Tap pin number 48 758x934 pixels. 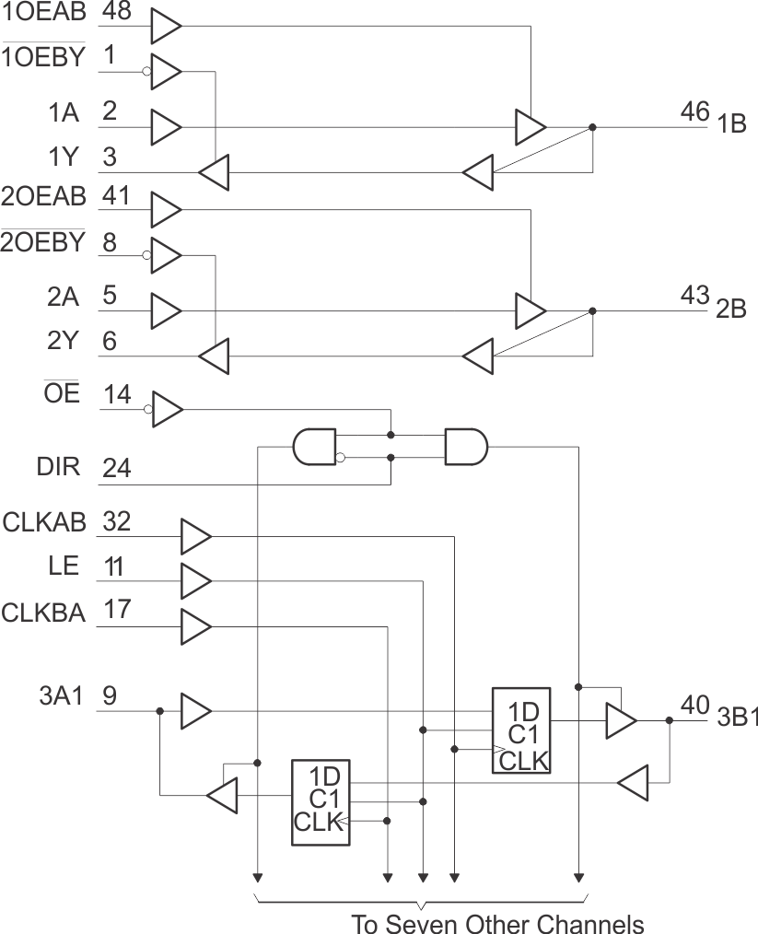click(x=116, y=12)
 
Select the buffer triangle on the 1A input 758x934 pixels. click(x=166, y=127)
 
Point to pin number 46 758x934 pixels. click(x=694, y=113)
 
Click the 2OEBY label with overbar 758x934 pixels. click(x=43, y=242)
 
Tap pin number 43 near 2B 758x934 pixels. click(x=694, y=297)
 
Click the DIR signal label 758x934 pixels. click(x=57, y=466)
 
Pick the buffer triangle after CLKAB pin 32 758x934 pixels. click(x=195, y=535)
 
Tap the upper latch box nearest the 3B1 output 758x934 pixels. click(x=520, y=730)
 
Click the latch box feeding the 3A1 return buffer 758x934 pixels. click(x=321, y=802)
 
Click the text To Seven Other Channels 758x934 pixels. click(x=497, y=922)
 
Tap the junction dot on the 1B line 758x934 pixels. click(x=592, y=128)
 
